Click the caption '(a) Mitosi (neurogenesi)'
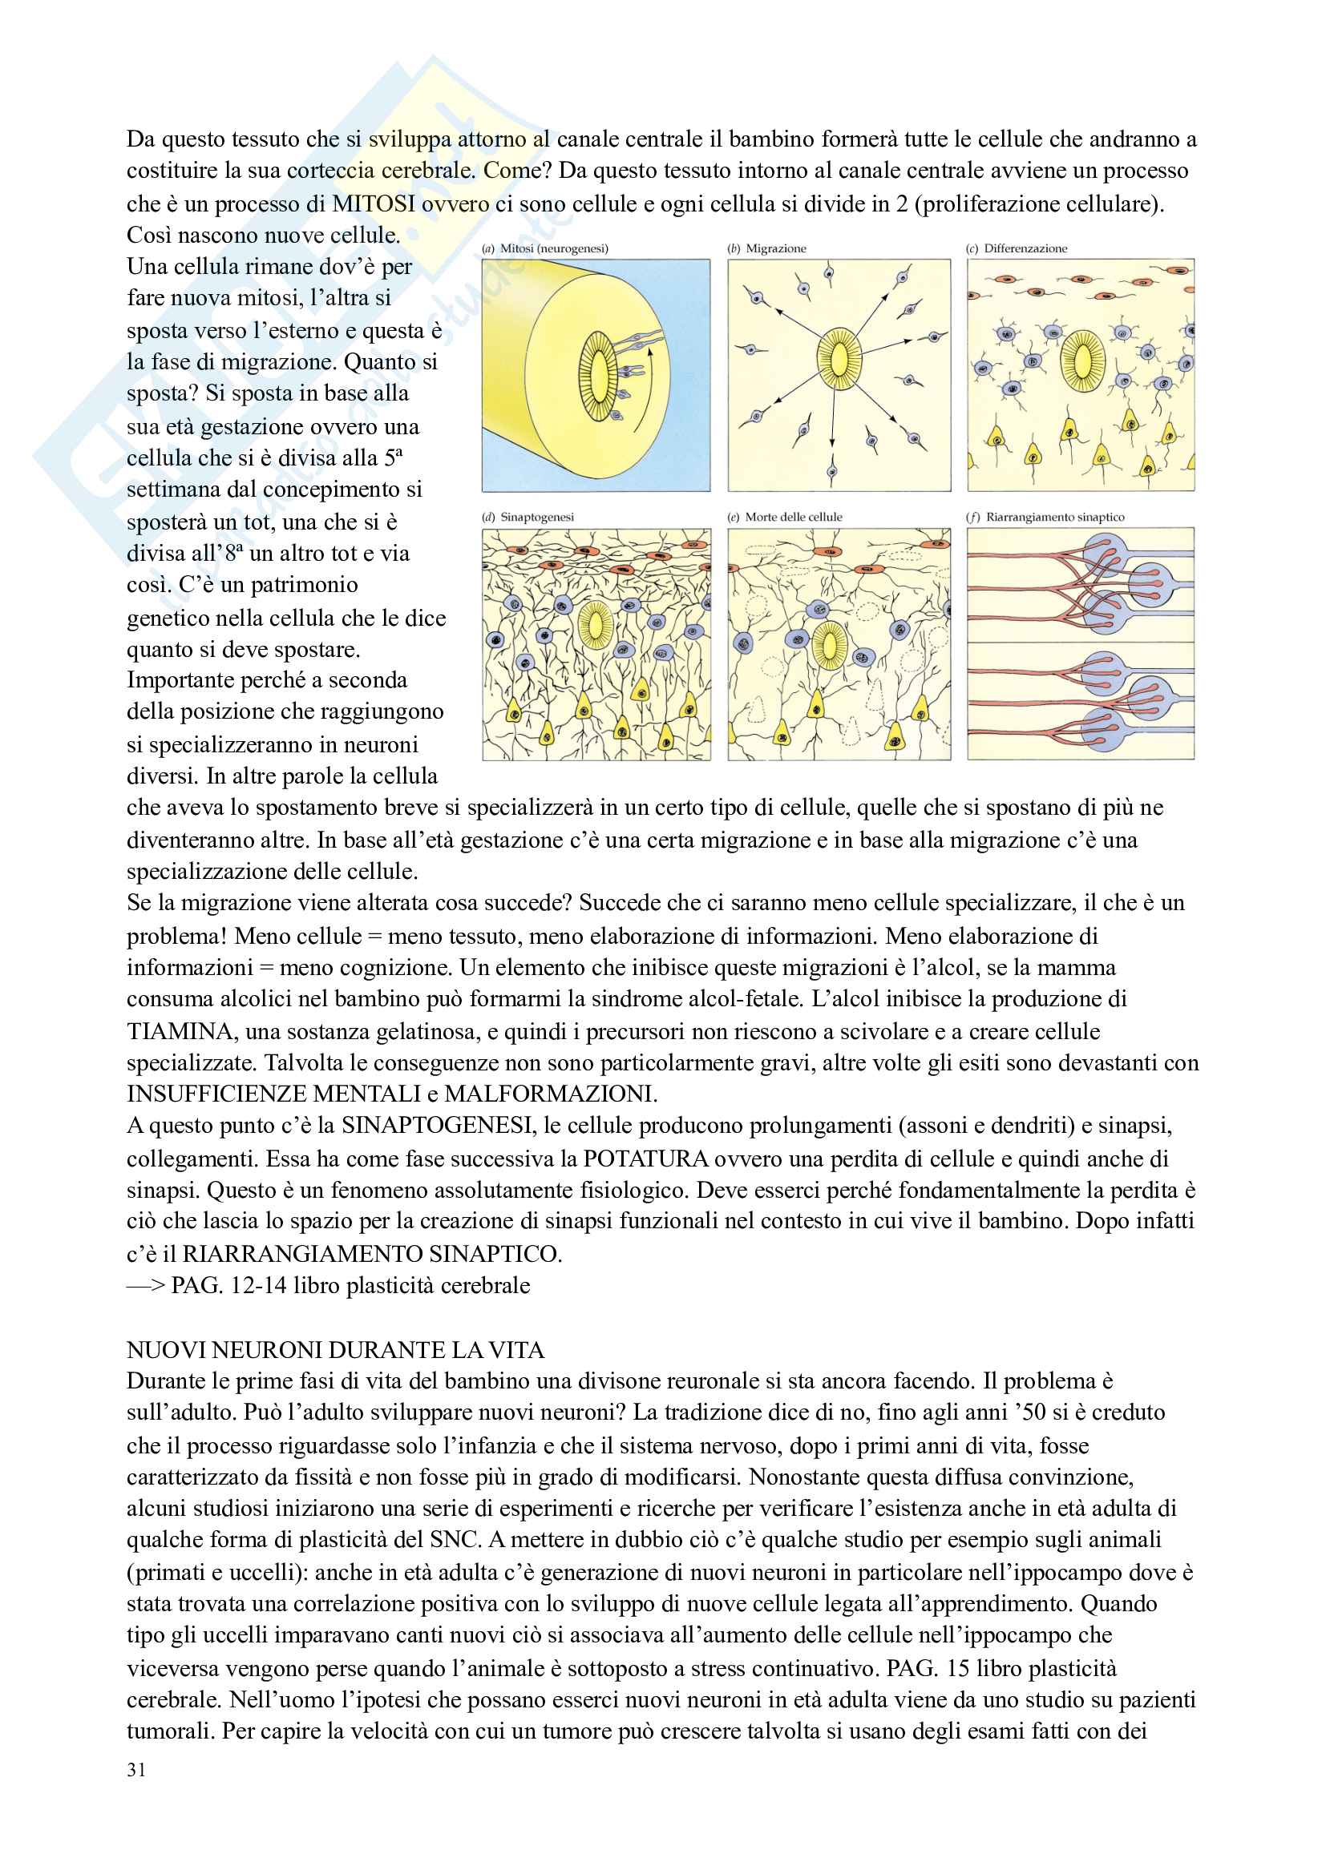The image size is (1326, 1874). (545, 248)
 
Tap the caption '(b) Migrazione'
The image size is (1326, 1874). (766, 248)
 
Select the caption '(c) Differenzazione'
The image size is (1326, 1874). (1017, 248)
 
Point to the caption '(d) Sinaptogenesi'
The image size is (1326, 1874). (528, 517)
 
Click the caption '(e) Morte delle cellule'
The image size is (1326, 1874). (785, 517)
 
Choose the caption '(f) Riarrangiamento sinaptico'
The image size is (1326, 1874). (1045, 517)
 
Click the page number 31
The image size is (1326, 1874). (136, 1770)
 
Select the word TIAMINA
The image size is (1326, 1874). (180, 1032)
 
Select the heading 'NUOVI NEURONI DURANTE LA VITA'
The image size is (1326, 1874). (335, 1350)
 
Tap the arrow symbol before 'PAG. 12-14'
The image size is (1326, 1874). (145, 1285)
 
